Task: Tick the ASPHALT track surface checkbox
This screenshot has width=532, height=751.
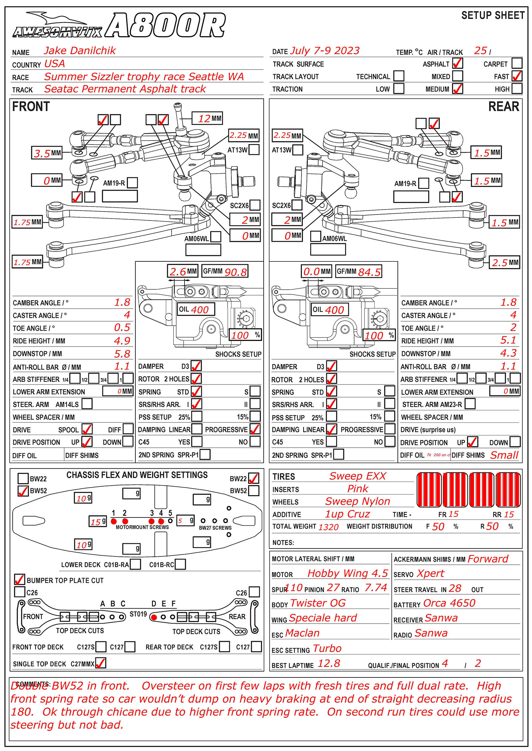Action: pyautogui.click(x=458, y=63)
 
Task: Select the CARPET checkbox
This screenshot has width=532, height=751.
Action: pyautogui.click(x=517, y=63)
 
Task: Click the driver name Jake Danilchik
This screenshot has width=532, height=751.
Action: pyautogui.click(x=80, y=51)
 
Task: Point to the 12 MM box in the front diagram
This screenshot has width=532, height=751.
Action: pyautogui.click(x=207, y=118)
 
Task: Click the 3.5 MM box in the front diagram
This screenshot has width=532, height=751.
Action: pyautogui.click(x=47, y=153)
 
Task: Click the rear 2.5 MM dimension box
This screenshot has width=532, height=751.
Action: pyautogui.click(x=504, y=262)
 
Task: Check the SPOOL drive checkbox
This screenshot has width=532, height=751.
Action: pyautogui.click(x=87, y=429)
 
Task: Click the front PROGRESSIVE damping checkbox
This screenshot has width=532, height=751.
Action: pyautogui.click(x=255, y=429)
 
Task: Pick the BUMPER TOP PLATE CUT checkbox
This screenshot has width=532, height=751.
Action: pyautogui.click(x=20, y=579)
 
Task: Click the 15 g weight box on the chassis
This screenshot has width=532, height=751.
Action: pyautogui.click(x=98, y=522)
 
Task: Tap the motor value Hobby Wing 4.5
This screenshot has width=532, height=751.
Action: pyautogui.click(x=347, y=573)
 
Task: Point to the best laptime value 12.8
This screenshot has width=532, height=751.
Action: pyautogui.click(x=329, y=664)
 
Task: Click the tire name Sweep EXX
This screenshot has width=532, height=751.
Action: pyautogui.click(x=357, y=476)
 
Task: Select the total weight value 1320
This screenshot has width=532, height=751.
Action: pyautogui.click(x=328, y=527)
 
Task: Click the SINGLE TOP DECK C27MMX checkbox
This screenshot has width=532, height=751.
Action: pyautogui.click(x=101, y=663)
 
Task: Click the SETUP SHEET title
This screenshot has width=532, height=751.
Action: pyautogui.click(x=493, y=15)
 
